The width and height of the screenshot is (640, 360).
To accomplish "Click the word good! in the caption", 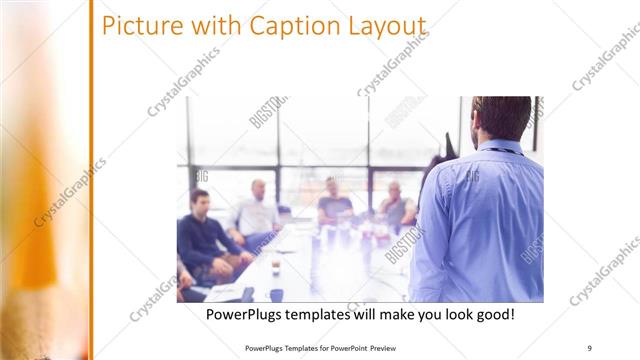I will pos(493,315).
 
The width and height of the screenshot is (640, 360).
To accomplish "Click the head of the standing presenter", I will pos(501,117).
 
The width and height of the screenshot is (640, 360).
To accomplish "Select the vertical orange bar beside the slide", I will pos(90,180).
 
